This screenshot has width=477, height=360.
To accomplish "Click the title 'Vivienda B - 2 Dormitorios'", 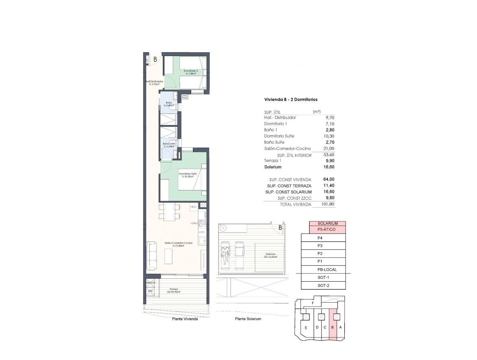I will [x=291, y=100].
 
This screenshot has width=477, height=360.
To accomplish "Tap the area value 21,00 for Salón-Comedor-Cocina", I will [x=328, y=149].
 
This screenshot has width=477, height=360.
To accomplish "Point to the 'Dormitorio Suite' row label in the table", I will [x=279, y=136].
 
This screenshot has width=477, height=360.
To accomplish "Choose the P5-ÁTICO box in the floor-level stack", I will [x=328, y=229].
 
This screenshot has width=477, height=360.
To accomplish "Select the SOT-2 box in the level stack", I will [x=323, y=285].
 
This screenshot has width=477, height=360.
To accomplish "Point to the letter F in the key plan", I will [x=313, y=302].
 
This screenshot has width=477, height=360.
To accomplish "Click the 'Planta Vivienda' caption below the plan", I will [x=185, y=319].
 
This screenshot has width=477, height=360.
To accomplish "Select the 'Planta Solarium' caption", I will [x=248, y=319].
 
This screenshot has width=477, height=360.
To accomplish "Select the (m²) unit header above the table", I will [x=317, y=112].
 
